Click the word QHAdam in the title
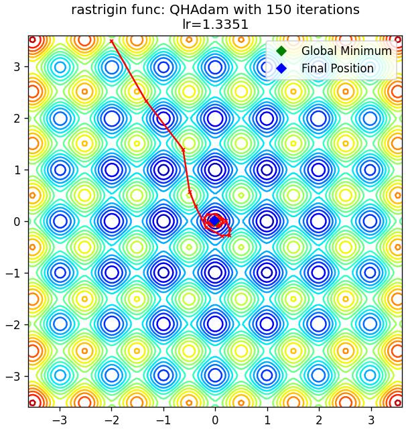(x=199, y=10)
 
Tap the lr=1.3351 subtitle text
(x=215, y=24)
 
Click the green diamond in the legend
(x=281, y=51)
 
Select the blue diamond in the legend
(x=281, y=68)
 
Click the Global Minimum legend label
(x=346, y=51)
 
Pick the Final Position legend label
(x=338, y=68)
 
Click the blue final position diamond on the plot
(x=214, y=221)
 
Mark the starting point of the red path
(x=111, y=42)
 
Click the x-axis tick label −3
(x=60, y=420)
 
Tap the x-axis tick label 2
(x=319, y=420)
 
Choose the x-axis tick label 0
(x=215, y=420)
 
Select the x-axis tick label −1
(x=163, y=420)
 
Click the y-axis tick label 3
(x=17, y=67)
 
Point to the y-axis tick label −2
(x=13, y=324)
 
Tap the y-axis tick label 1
(x=17, y=170)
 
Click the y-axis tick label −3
(x=13, y=376)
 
